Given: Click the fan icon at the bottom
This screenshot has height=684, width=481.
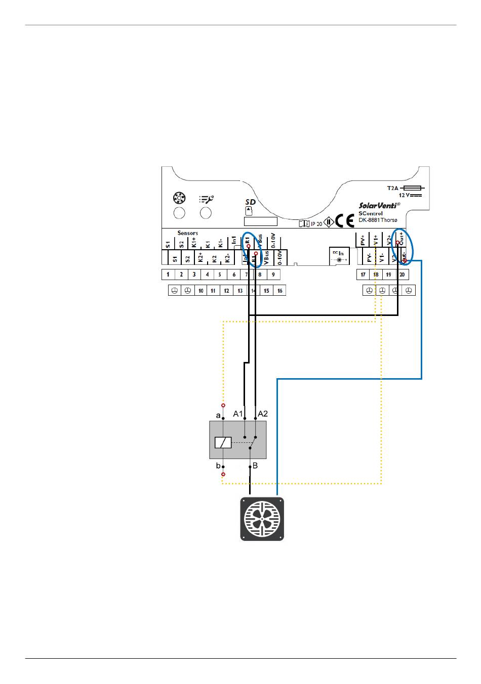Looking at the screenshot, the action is (x=262, y=519).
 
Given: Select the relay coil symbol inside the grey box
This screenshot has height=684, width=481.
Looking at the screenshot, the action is (x=223, y=442).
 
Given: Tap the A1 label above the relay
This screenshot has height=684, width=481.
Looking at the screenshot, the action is (x=238, y=414).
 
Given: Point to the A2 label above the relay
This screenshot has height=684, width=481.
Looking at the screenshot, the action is (x=263, y=414).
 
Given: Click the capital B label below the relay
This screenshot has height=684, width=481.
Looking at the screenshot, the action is (x=255, y=466).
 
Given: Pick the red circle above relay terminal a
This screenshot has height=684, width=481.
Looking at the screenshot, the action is (x=223, y=405).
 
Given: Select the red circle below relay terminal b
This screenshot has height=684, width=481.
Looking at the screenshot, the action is (x=223, y=474).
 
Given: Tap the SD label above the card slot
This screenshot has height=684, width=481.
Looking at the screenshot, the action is (x=250, y=202).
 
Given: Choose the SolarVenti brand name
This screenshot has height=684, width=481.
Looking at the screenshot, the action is (x=379, y=205).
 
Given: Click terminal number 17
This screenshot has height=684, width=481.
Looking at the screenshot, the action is (x=363, y=275).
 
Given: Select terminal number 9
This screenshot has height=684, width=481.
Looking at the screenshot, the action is (x=273, y=275).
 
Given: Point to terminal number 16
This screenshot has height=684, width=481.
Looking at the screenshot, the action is (x=279, y=291).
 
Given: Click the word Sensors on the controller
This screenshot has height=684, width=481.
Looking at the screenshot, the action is (x=187, y=233).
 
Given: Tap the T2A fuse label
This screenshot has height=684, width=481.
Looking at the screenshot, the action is (x=393, y=188).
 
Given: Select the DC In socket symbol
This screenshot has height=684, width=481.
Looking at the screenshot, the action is (x=338, y=259).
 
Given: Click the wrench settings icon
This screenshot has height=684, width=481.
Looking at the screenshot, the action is (x=206, y=199).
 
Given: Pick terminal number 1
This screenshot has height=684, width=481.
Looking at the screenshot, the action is (x=168, y=275).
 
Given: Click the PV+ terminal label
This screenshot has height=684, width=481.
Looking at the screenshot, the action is (x=363, y=240).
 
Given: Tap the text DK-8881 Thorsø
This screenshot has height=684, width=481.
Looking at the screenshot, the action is (x=378, y=220).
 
